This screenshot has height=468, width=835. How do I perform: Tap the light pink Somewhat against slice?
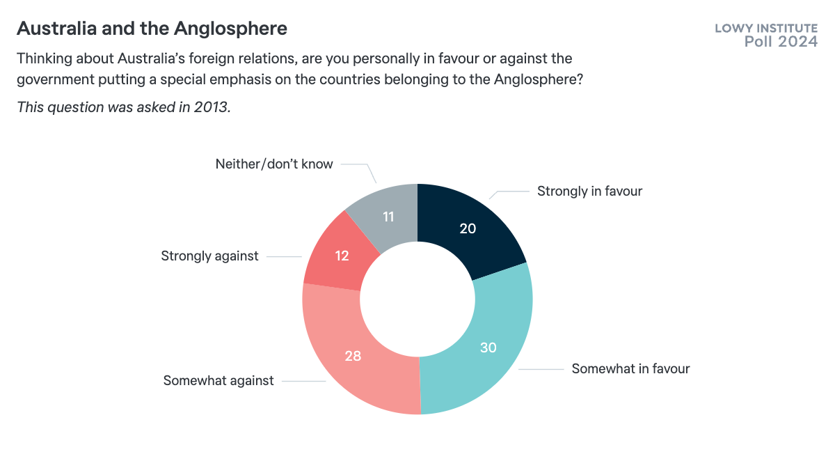point(348,348)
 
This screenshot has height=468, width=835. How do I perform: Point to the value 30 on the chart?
point(488,347)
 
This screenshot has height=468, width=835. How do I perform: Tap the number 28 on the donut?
point(353,356)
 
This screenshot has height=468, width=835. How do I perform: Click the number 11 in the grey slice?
point(388,217)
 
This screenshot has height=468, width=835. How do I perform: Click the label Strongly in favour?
point(589,191)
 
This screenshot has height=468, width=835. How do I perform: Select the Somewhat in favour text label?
point(630,368)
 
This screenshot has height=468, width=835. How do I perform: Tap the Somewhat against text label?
point(218,380)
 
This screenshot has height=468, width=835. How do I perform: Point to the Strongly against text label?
point(209,256)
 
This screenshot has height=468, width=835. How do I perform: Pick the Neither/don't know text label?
point(274,164)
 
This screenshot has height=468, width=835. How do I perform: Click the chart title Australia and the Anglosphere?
point(152,29)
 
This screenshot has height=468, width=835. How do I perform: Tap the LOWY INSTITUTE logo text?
point(766,29)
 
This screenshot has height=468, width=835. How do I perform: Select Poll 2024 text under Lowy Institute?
point(781,42)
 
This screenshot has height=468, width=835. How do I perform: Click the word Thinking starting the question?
point(44,58)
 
